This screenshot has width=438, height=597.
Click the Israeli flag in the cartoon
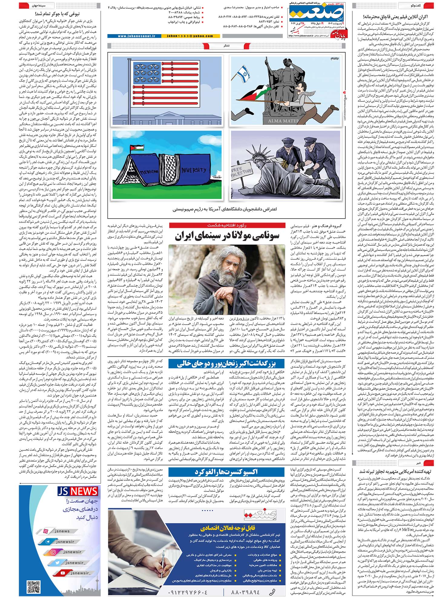(x=243, y=73)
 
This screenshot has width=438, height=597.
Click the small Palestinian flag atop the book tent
(x=133, y=148)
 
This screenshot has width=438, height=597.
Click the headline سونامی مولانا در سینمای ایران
(x=227, y=236)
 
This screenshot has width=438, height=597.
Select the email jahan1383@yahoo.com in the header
(x=190, y=36)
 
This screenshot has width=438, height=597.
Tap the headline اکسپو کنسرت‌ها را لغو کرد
(x=226, y=472)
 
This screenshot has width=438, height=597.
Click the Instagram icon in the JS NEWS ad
(x=54, y=552)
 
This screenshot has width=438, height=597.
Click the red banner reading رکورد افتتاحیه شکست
(x=227, y=225)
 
